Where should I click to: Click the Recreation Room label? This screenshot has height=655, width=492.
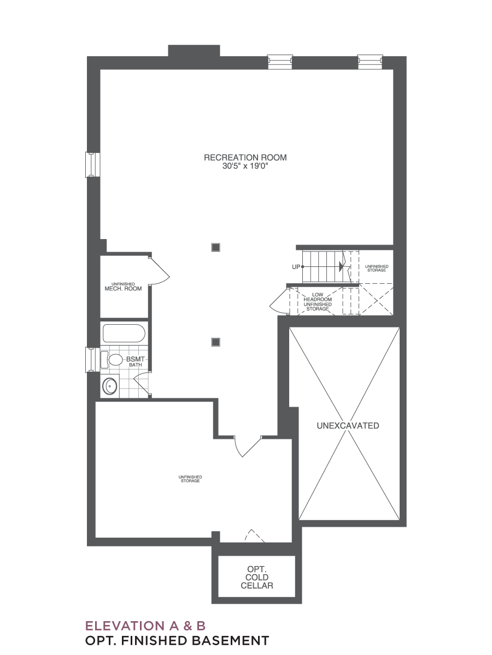click(x=245, y=158)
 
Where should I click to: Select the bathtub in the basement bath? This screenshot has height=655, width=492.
click(x=124, y=334)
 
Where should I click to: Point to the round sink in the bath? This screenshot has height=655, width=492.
click(x=110, y=386)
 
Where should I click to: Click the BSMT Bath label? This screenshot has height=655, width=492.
click(x=136, y=361)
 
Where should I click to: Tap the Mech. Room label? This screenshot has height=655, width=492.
click(x=123, y=287)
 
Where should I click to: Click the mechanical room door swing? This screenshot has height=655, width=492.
click(x=160, y=271)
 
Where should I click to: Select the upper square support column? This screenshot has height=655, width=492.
click(x=216, y=247)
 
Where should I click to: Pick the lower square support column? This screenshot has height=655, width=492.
click(x=216, y=342)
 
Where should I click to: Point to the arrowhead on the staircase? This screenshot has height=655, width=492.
click(x=341, y=266)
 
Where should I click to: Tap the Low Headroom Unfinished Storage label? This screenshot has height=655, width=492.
click(x=318, y=302)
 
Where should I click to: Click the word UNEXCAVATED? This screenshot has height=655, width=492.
click(x=348, y=426)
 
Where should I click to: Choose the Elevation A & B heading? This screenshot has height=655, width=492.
click(x=145, y=626)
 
